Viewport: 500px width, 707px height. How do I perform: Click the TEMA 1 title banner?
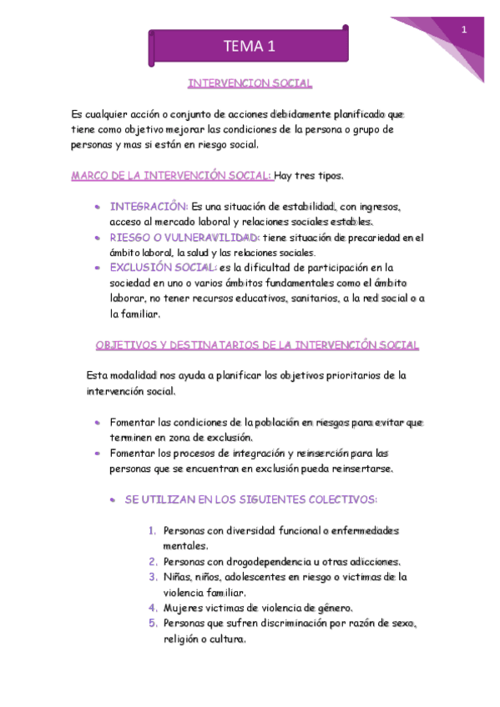(249, 48)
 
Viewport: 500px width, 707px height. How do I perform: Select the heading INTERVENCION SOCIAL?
(250, 83)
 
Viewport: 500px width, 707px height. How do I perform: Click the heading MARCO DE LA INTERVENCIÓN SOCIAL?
(171, 176)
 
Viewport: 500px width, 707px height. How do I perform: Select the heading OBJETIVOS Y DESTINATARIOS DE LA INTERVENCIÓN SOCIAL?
(257, 344)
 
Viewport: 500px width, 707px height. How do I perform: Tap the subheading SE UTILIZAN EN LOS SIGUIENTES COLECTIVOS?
(250, 499)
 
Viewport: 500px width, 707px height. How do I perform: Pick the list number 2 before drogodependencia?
(154, 561)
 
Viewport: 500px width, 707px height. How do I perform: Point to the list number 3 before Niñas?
(154, 576)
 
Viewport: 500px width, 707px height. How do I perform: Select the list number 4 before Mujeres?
(154, 608)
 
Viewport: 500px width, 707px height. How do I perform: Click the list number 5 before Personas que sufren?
(154, 623)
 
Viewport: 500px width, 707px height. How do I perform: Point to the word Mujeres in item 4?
(183, 608)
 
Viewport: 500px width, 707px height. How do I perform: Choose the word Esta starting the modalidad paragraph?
(98, 375)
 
